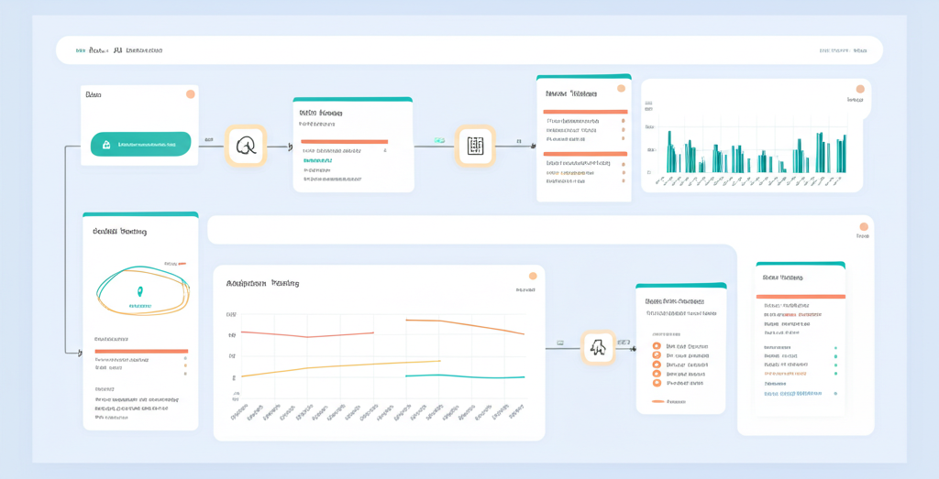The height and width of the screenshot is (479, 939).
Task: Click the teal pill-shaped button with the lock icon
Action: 140,144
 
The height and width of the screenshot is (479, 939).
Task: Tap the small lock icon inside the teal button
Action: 106,145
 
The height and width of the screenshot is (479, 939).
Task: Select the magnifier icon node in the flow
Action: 246,146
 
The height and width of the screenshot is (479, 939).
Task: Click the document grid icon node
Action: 475,146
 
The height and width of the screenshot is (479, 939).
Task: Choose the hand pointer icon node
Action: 598,347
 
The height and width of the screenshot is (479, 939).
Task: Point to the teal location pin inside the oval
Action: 140,292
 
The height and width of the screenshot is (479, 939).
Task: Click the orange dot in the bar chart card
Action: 859,89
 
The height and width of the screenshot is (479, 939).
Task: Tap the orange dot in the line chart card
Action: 532,276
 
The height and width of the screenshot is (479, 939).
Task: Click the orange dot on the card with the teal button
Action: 190,94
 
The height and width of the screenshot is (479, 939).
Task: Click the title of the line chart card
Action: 262,284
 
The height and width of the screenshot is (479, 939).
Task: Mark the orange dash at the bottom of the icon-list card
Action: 657,401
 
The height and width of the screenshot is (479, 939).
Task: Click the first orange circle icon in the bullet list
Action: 657,346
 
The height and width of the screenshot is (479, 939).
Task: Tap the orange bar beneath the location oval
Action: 141,351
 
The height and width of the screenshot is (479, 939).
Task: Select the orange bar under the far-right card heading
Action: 800,296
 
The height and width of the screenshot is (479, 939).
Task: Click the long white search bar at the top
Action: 469,50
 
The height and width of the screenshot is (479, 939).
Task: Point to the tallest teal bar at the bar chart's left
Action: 669,151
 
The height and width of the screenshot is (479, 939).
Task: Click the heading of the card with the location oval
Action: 119,232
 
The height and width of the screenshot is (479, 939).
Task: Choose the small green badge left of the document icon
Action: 439,141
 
